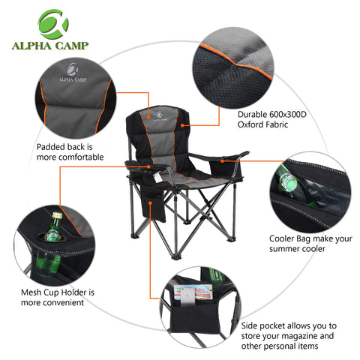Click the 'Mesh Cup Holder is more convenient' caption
click(x=56, y=297)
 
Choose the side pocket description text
click(x=289, y=337)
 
